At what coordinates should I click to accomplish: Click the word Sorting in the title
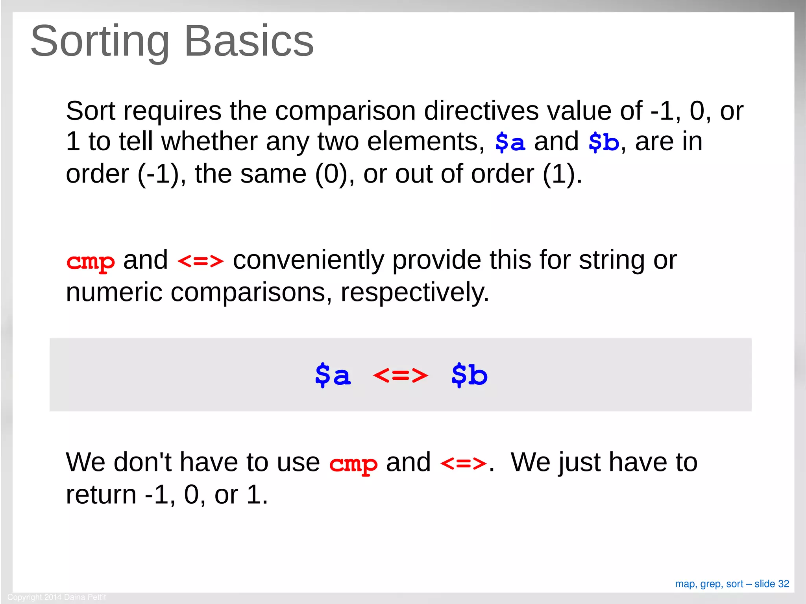pyautogui.click(x=100, y=41)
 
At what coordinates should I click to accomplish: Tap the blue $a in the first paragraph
pyautogui.click(x=510, y=142)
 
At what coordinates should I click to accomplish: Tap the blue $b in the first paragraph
pyautogui.click(x=604, y=142)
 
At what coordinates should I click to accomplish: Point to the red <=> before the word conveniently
pyautogui.click(x=200, y=261)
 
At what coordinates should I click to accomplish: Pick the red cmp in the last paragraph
pyautogui.click(x=353, y=464)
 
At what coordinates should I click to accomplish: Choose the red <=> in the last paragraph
pyautogui.click(x=463, y=463)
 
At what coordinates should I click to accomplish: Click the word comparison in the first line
pyautogui.click(x=345, y=111)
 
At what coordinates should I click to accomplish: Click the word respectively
pyautogui.click(x=415, y=293)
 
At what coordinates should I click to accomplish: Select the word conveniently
pyautogui.click(x=309, y=260)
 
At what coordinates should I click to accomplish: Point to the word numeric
pyautogui.click(x=114, y=293)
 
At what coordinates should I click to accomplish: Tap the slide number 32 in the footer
pyautogui.click(x=784, y=584)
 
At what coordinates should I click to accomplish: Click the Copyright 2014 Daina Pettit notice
pyautogui.click(x=57, y=597)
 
